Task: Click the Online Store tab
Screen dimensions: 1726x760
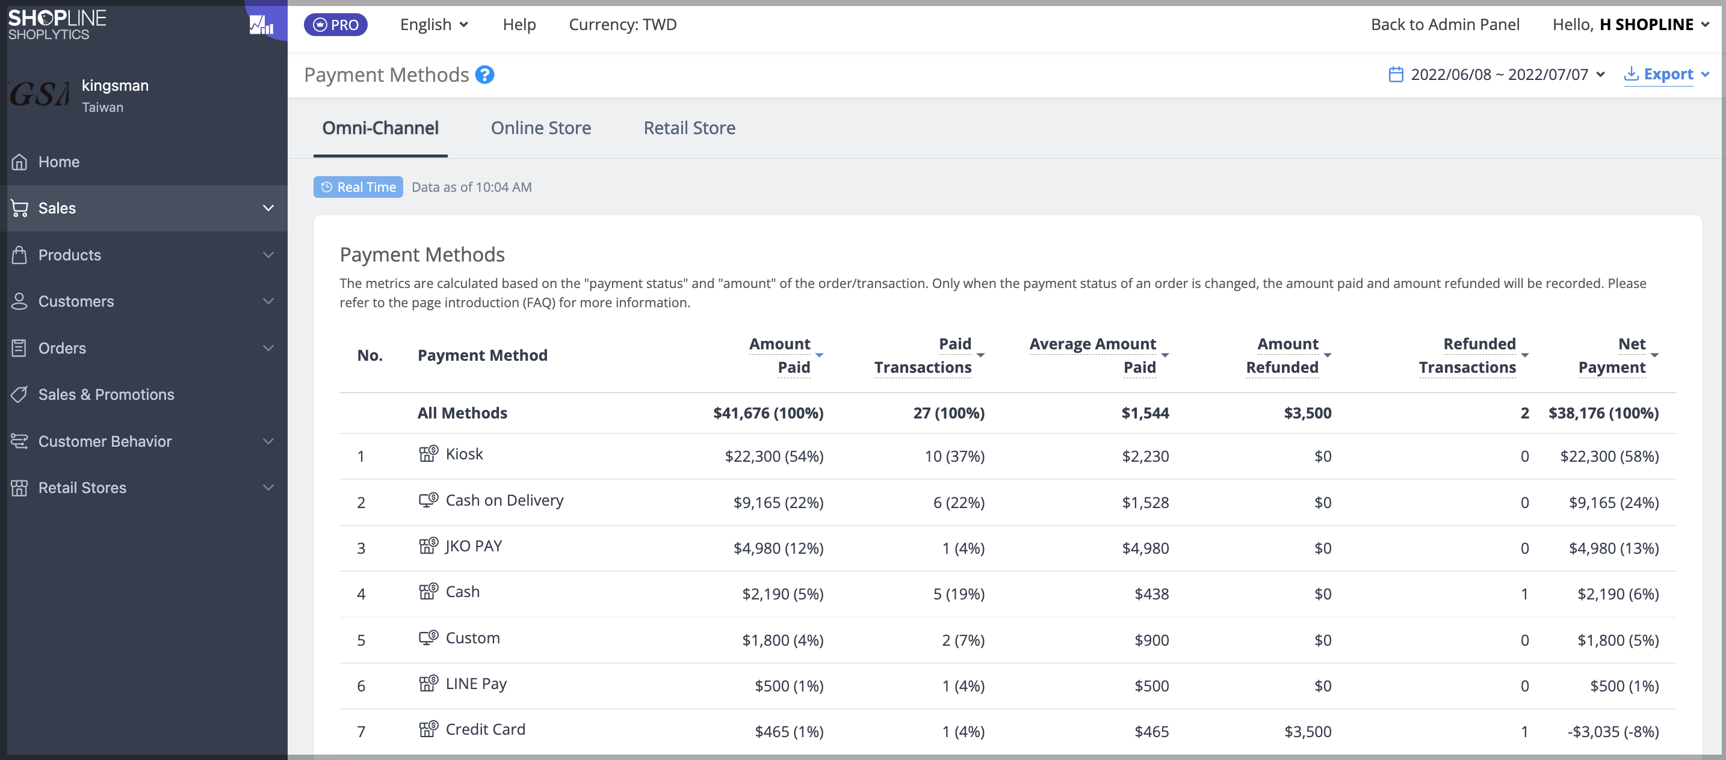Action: point(540,128)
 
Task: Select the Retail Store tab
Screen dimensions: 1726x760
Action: point(690,128)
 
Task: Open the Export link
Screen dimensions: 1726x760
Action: point(1666,75)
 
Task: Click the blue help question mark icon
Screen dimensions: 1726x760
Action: point(484,75)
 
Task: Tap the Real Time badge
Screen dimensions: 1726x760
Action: point(358,187)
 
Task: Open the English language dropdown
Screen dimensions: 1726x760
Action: point(433,25)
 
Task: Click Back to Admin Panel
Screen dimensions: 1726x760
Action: point(1444,25)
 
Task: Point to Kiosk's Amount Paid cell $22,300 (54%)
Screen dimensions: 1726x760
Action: point(774,456)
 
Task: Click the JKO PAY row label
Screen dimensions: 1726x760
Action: point(474,547)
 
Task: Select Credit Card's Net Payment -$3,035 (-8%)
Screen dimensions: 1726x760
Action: point(1613,731)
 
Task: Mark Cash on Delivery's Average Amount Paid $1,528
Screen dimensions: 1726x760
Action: point(1145,502)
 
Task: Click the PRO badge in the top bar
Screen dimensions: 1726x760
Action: point(336,25)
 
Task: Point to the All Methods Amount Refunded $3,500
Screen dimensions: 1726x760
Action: point(1307,412)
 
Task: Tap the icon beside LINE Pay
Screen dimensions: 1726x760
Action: point(428,683)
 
